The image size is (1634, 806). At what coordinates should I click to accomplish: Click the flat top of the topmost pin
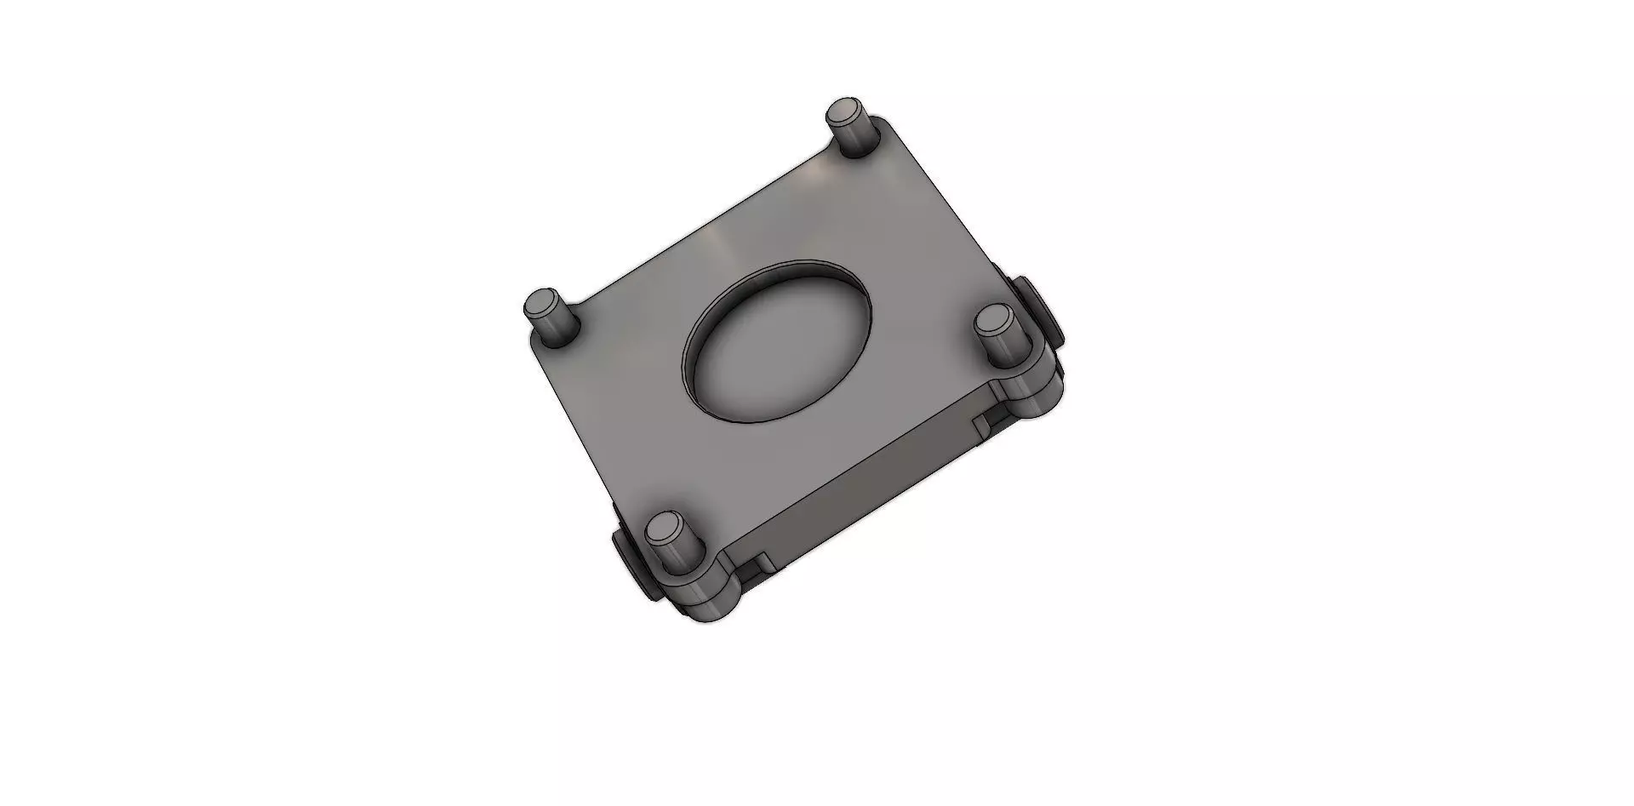tap(845, 111)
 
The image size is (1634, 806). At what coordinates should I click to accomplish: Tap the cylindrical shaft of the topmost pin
tap(849, 138)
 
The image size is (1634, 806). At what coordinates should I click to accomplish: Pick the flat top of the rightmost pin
tap(992, 320)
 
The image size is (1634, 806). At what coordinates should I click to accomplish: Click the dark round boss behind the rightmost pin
tap(1043, 315)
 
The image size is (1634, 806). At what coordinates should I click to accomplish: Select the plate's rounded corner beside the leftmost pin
tap(536, 345)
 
